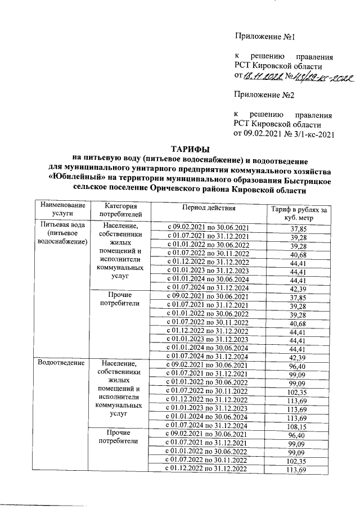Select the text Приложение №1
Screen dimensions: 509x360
point(265,37)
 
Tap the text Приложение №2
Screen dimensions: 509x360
point(265,94)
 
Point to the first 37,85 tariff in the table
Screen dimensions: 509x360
point(294,228)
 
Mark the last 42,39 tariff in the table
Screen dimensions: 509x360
point(294,357)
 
